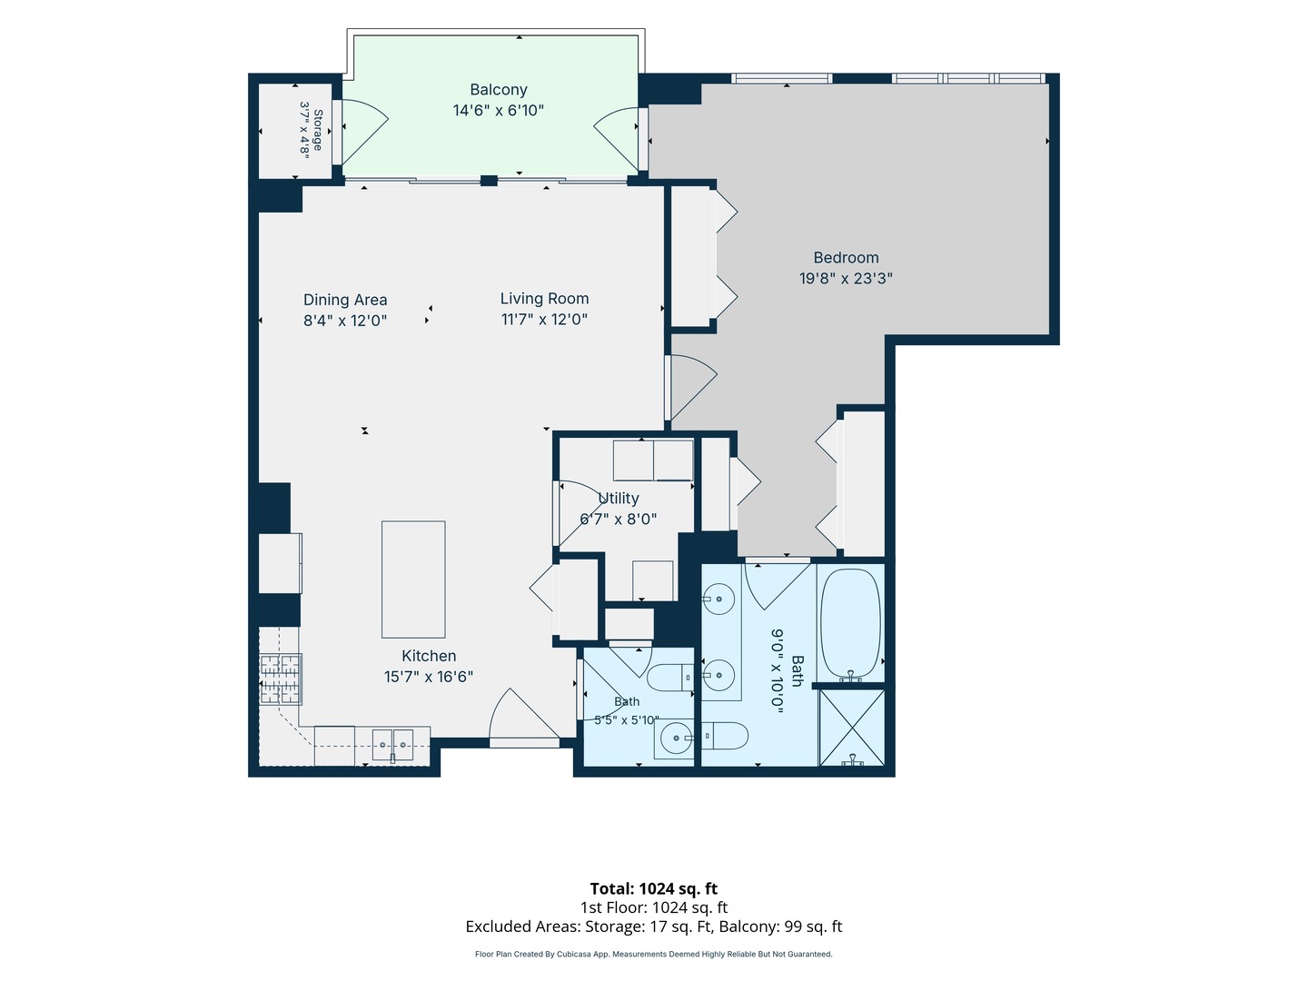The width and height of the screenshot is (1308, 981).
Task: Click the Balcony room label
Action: click(x=498, y=89)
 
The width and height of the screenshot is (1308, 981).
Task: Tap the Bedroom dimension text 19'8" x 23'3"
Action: click(x=846, y=278)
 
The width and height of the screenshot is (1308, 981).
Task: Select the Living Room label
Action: click(x=544, y=299)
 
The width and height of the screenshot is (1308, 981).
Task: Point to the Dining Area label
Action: click(x=345, y=300)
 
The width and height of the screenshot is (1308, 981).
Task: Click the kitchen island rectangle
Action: click(x=413, y=580)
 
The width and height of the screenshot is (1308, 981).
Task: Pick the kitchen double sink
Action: click(x=392, y=745)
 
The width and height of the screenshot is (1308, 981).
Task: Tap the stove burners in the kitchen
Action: click(x=281, y=679)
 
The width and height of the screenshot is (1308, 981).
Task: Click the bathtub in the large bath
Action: click(x=850, y=623)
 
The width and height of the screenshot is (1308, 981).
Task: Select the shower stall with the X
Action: click(x=852, y=728)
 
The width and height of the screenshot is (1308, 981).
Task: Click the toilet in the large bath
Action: click(x=724, y=736)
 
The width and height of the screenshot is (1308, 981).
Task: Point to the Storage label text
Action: click(x=318, y=130)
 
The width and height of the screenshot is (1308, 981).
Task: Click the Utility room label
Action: click(x=618, y=498)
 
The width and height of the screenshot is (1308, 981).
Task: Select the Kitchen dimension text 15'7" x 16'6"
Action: click(x=429, y=677)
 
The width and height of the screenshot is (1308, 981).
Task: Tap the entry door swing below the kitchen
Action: click(x=523, y=714)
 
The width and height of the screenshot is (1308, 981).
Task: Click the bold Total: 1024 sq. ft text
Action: click(x=654, y=888)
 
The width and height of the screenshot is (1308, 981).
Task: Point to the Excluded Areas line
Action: click(x=654, y=926)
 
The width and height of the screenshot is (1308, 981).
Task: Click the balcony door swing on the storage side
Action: click(x=364, y=132)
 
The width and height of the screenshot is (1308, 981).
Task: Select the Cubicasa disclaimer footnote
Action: click(x=654, y=954)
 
